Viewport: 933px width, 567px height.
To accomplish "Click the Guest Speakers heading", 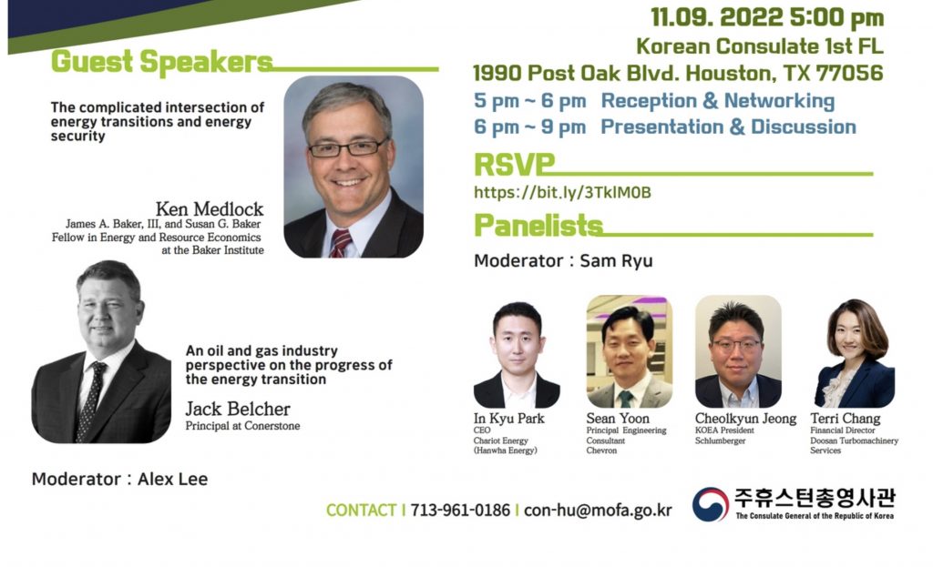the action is (162, 63).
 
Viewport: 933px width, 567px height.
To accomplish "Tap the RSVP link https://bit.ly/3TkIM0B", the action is (562, 193).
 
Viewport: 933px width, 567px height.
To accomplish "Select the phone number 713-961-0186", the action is (460, 511).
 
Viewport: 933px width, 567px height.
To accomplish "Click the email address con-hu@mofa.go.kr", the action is (598, 511).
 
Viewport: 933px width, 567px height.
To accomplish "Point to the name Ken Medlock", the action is (210, 209).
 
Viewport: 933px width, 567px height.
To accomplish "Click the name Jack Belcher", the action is (238, 409).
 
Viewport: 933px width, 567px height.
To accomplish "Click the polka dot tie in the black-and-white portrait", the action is (90, 401).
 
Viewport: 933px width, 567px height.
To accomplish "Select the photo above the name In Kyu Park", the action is (517, 356).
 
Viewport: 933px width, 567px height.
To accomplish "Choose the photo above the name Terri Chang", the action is (855, 354).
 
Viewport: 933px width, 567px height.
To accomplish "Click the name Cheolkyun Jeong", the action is (745, 419).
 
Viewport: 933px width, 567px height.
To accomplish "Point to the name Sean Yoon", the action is (618, 419).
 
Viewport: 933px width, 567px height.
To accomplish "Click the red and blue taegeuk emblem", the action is (710, 504).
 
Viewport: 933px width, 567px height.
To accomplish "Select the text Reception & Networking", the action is (718, 101).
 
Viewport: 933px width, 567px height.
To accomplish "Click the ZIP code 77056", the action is (850, 73).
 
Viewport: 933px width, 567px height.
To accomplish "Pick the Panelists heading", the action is (538, 226).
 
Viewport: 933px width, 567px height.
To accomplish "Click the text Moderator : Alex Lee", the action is (119, 479).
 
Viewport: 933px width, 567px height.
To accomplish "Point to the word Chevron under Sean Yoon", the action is (601, 451).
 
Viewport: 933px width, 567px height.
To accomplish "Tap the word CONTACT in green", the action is (361, 511).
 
